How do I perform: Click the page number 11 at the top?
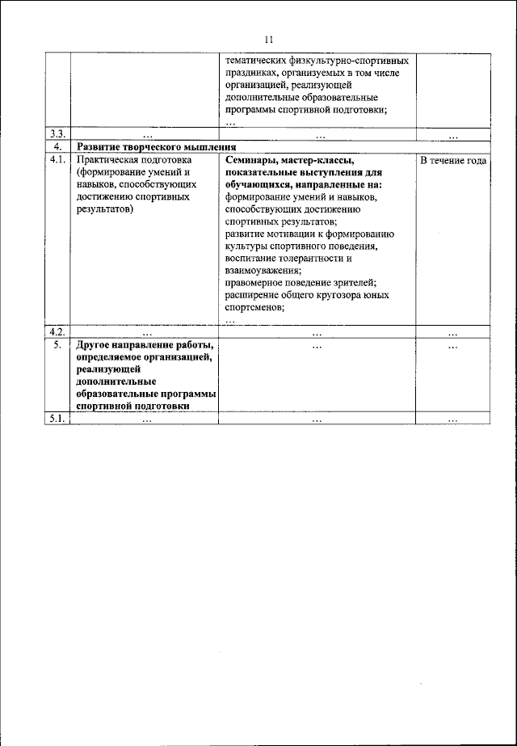270,40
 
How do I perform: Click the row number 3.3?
57,134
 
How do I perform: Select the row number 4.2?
57,331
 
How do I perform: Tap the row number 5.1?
57,419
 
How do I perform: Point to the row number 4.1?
57,161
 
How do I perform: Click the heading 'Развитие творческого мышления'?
156,148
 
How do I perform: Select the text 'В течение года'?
452,161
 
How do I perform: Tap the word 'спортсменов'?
255,307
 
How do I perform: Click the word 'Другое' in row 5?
95,345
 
